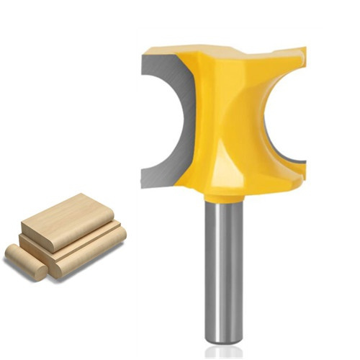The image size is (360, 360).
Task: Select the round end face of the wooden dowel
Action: tap(12, 253)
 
